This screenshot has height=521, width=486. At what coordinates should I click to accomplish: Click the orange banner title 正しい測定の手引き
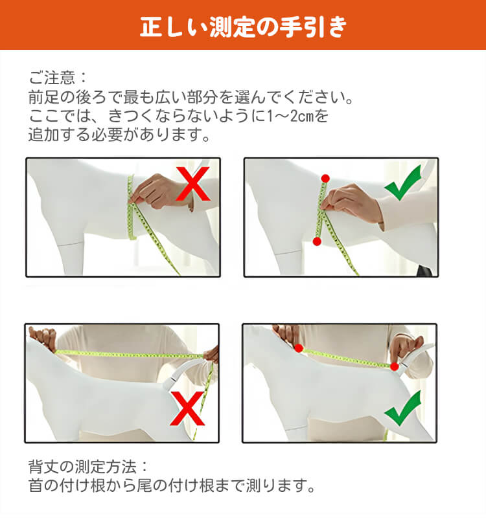243,27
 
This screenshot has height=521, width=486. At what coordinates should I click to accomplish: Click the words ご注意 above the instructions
52,78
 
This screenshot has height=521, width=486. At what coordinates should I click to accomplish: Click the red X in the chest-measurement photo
193,184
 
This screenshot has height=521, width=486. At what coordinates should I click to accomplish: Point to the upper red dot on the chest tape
325,179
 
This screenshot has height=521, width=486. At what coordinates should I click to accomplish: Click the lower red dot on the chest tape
317,241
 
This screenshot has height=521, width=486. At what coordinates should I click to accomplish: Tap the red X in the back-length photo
187,408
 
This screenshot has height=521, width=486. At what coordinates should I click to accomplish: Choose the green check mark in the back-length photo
402,408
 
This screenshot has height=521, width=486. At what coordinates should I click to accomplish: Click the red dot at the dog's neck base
299,348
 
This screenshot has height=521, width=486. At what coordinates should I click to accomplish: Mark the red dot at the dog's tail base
395,366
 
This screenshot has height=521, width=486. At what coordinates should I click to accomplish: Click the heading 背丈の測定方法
82,467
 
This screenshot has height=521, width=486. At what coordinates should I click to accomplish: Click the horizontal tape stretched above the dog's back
129,355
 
